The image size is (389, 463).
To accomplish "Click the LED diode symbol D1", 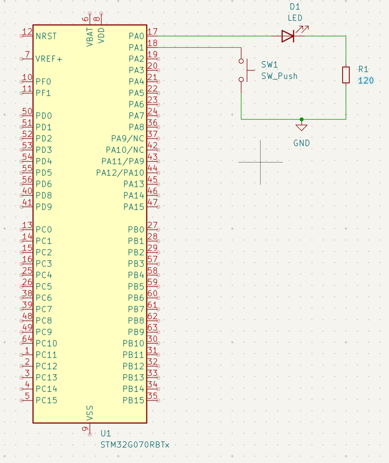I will pos(288,36).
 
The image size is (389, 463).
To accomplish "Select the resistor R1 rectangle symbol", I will pos(346,75).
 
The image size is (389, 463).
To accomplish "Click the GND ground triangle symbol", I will pos(301,128).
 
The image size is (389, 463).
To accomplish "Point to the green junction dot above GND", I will pos(301,119).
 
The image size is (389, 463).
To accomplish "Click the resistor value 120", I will pos(366,80).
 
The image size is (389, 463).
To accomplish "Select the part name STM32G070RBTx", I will pos(135,445).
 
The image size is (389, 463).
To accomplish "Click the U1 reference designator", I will pos(106,434).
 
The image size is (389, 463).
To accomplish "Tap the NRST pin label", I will pos(46,36).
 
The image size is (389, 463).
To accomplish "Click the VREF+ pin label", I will pos(49,59).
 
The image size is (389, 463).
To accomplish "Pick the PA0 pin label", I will pos(136,36).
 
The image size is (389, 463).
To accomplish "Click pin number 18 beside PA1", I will pos(153,43).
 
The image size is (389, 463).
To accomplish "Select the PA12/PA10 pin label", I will pos(120,173).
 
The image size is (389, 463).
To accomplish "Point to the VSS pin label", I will pos(90,413).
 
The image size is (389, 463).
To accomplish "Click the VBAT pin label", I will pos(90,37).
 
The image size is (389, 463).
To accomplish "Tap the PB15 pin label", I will pos(133,400).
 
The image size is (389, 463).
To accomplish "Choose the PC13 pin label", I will pos(46,377).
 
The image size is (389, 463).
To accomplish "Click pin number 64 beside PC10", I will pos(27,339).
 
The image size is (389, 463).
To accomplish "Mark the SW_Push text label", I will pos(279,76).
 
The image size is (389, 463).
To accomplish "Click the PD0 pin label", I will pos(44,116).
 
